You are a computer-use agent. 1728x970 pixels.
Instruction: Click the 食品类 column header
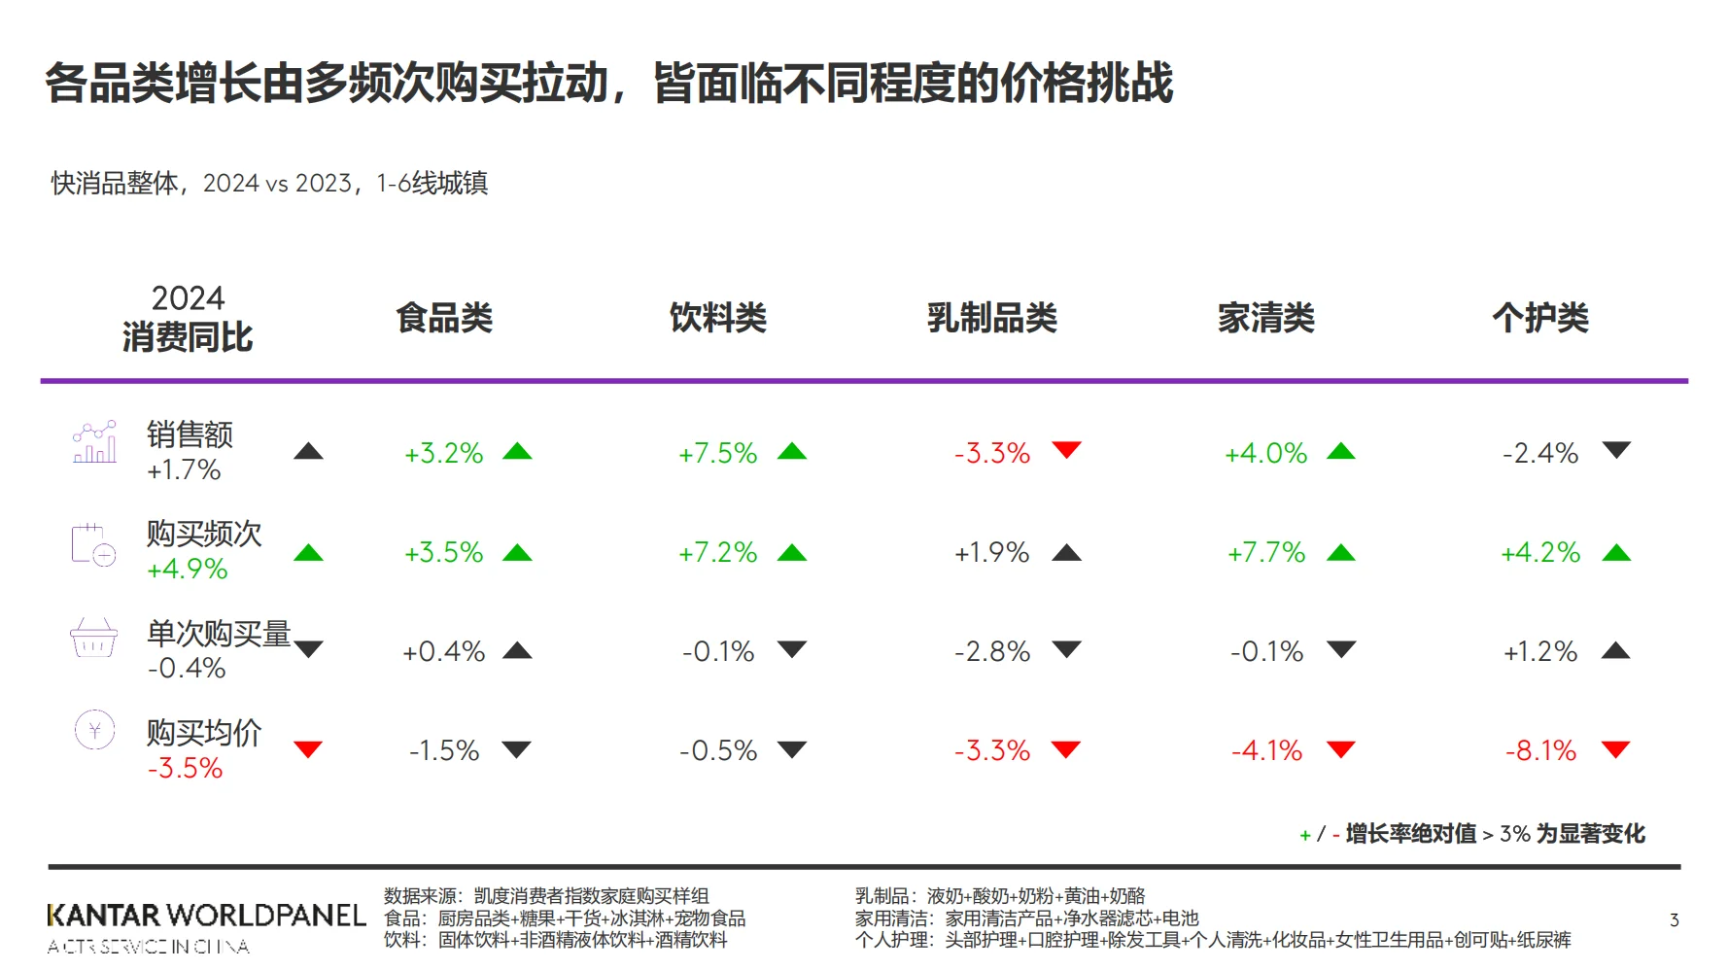(444, 318)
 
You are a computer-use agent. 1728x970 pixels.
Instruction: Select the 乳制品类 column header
(991, 318)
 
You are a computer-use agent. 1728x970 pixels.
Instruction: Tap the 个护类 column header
(1540, 318)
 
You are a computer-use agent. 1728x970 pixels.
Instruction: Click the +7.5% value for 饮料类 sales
(717, 453)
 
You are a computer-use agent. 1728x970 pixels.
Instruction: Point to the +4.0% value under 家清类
(1265, 453)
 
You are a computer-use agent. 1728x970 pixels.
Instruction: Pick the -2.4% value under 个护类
(1540, 453)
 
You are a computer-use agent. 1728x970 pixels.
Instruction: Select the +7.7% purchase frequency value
(1265, 553)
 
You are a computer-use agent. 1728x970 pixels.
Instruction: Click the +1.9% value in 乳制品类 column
(991, 553)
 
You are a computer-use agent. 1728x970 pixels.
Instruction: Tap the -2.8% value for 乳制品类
(991, 651)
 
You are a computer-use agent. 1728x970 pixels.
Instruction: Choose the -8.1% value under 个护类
(1540, 750)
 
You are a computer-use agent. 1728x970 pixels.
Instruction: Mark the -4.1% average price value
(1265, 750)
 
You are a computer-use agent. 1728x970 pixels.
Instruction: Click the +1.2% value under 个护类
(1540, 651)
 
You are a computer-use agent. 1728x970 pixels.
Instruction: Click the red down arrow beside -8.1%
(1615, 748)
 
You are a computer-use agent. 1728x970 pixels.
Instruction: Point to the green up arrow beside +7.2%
(792, 553)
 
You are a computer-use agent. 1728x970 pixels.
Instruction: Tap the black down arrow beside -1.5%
(516, 748)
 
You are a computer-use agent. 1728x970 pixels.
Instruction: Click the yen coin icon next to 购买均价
(95, 730)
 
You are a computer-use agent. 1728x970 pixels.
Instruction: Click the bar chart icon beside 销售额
(94, 442)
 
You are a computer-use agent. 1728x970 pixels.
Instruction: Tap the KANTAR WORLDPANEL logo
(206, 917)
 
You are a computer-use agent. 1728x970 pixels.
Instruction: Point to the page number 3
(1674, 919)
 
